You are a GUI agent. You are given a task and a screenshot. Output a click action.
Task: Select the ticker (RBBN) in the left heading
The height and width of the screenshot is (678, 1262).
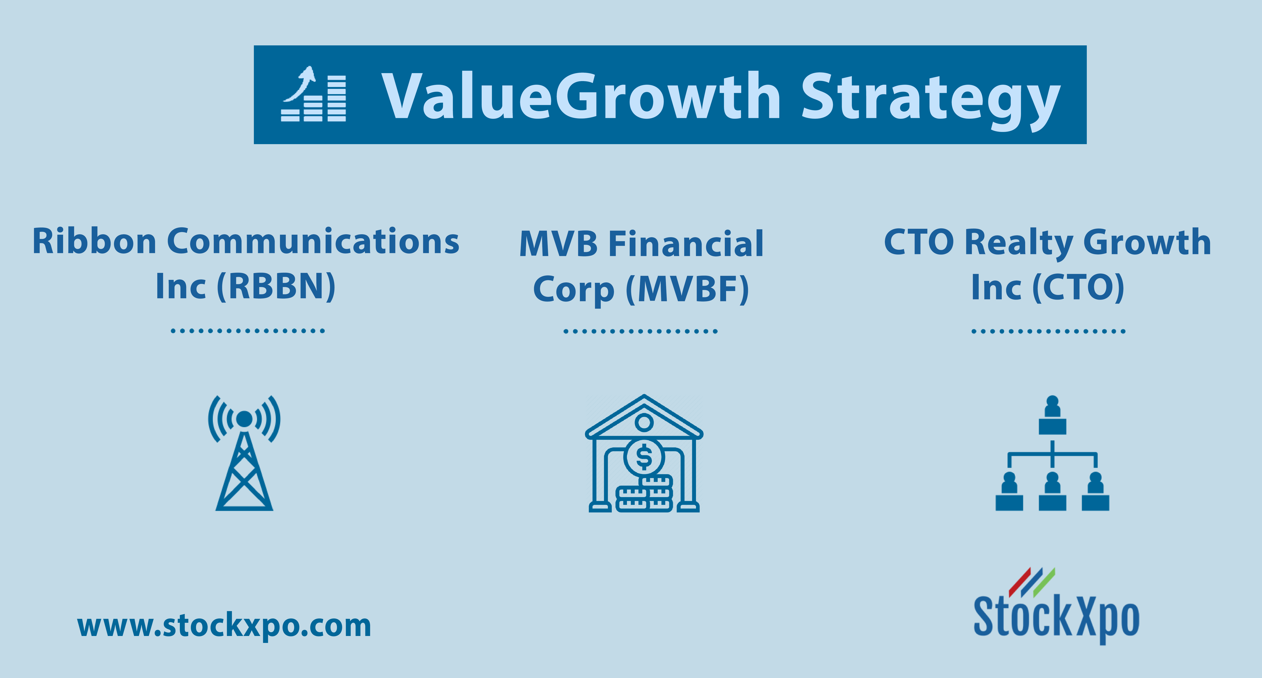click(276, 286)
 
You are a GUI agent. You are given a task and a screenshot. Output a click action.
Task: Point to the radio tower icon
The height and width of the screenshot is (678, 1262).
click(244, 453)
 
